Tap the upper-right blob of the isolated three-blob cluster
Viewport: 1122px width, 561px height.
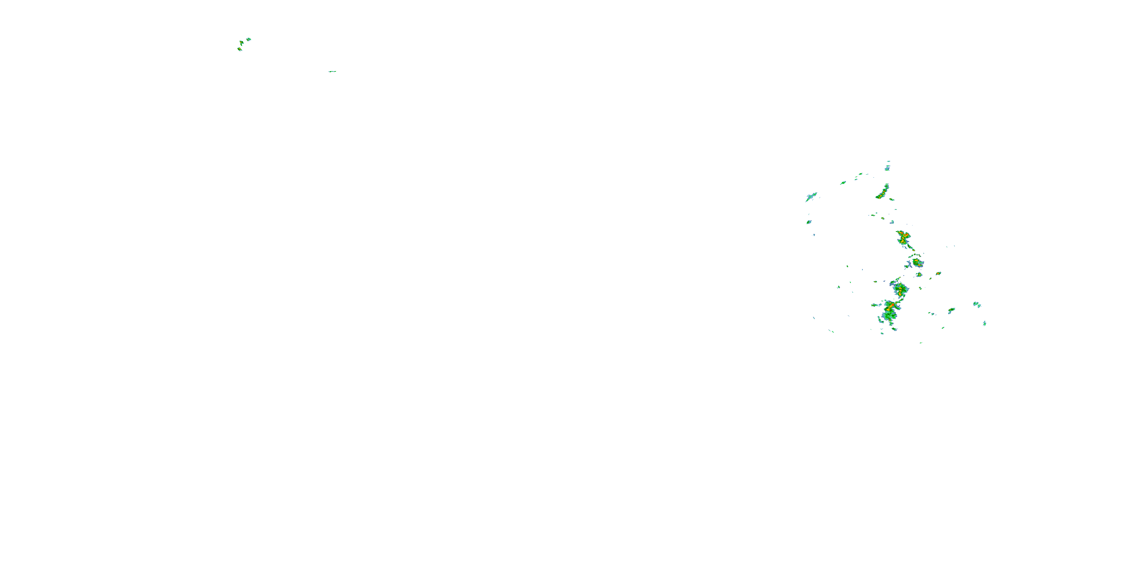click(x=249, y=39)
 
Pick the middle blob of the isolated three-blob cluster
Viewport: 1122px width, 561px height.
click(x=241, y=43)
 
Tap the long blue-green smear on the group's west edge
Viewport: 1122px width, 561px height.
click(x=811, y=196)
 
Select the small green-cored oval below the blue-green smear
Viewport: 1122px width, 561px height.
click(x=809, y=222)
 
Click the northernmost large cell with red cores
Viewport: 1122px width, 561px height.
click(x=903, y=238)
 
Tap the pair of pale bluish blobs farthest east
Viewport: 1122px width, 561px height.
click(x=977, y=304)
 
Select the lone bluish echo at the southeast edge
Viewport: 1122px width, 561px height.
click(x=985, y=323)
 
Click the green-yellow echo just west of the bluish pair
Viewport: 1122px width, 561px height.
click(x=952, y=310)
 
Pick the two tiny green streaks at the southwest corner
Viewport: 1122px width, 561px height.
click(x=831, y=331)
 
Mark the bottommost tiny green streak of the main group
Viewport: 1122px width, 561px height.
click(x=921, y=343)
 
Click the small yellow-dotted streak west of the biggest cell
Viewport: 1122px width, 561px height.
click(x=874, y=305)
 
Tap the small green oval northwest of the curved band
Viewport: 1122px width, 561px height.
click(x=843, y=183)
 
